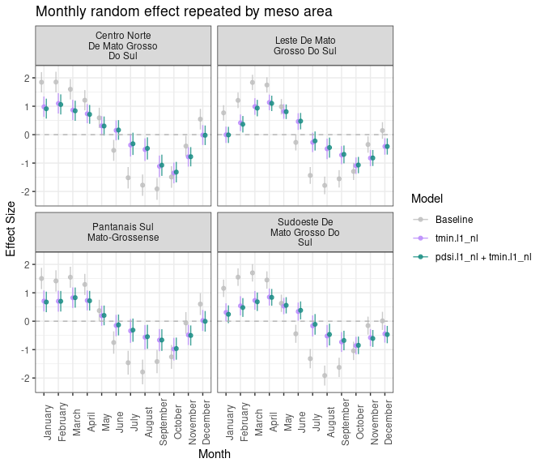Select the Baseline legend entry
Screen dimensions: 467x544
(453, 220)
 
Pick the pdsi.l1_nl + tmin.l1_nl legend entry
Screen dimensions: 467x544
(482, 257)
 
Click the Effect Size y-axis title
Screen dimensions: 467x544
(11, 228)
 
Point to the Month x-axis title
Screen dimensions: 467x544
(214, 455)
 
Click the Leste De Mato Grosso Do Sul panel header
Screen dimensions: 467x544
(304, 45)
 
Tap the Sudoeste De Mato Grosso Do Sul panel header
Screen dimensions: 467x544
(304, 232)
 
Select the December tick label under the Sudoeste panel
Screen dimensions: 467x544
(389, 422)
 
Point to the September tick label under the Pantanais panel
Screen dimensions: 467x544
(163, 418)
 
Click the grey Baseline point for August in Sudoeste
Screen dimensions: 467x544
(325, 375)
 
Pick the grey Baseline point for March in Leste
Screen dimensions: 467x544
(253, 82)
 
